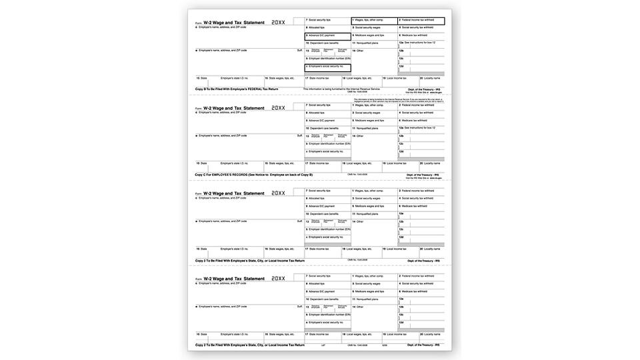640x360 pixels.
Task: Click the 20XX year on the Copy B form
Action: [x=278, y=22]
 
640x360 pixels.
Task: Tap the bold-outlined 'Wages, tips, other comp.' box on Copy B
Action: [x=374, y=21]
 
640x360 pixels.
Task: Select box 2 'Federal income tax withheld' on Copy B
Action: [x=421, y=21]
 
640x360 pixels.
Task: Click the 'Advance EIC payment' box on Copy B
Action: [x=327, y=36]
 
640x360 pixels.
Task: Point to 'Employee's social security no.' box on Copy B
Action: [x=327, y=67]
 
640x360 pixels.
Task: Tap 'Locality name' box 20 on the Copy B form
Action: [x=431, y=79]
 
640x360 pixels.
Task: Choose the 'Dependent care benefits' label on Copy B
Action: [x=325, y=43]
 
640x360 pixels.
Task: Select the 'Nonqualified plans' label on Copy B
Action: [x=367, y=43]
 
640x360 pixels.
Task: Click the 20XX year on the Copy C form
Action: [x=278, y=107]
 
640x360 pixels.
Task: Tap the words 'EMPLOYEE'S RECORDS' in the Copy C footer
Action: [x=230, y=175]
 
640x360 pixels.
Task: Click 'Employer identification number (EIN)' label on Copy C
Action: [x=329, y=144]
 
